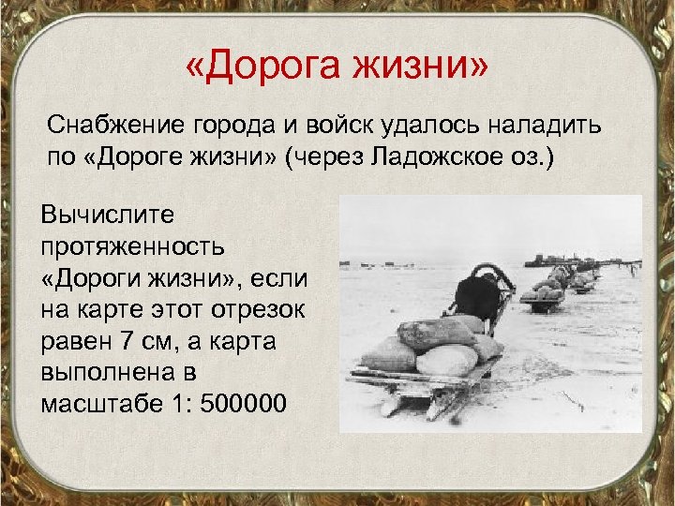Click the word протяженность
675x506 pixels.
(x=132, y=247)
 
